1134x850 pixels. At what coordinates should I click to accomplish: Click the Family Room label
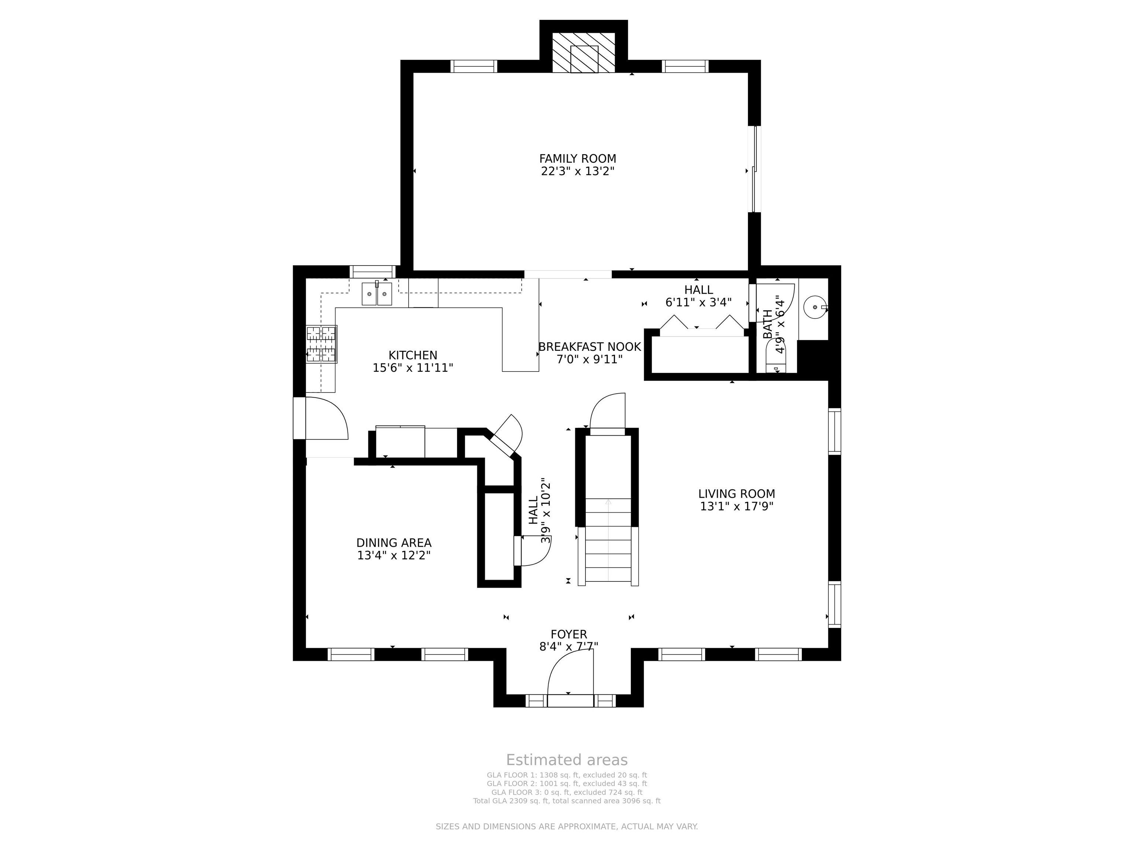[577, 159]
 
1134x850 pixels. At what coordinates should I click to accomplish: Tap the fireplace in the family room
[583, 53]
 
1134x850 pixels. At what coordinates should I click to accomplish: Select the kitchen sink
[377, 294]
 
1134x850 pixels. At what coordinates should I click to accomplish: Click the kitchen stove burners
[322, 344]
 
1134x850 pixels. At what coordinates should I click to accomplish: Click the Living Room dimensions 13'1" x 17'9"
[737, 506]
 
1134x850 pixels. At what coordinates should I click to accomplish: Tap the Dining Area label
[394, 543]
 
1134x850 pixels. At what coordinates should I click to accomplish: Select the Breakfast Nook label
[590, 347]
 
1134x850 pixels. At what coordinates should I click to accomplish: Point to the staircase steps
[608, 540]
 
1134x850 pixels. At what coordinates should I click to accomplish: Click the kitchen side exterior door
[321, 418]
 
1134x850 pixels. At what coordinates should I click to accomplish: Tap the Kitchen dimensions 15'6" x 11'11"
[413, 367]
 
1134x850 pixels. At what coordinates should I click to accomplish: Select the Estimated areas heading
[567, 760]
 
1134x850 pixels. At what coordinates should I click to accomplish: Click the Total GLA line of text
[567, 801]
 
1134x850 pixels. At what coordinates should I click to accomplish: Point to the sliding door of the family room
[754, 169]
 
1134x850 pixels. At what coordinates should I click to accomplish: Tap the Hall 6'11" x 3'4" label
[698, 296]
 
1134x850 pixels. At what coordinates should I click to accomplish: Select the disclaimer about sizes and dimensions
[567, 826]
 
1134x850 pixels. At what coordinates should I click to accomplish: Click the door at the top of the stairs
[608, 413]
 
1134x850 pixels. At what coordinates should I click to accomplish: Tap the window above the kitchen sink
[373, 272]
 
